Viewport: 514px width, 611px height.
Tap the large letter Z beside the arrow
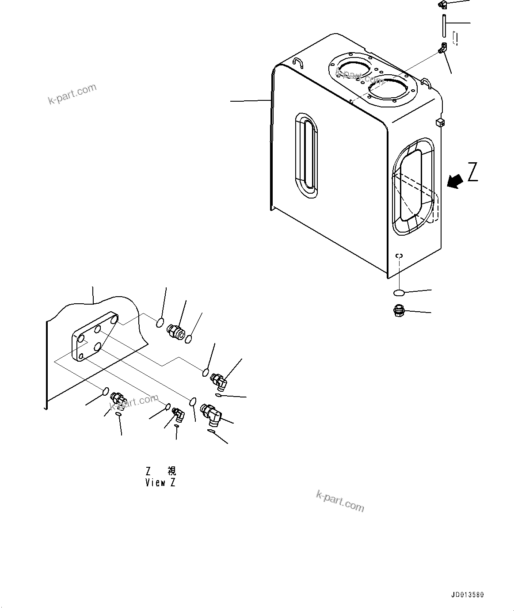473,172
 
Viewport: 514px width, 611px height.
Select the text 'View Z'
160,482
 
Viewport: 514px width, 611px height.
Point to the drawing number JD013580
468,595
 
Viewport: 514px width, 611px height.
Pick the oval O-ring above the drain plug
399,293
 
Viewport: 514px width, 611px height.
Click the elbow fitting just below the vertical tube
442,48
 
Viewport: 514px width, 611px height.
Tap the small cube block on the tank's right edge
440,122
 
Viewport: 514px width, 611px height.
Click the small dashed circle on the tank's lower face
400,256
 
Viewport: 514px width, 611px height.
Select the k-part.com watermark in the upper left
72,94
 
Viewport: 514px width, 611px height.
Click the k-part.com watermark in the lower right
340,501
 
